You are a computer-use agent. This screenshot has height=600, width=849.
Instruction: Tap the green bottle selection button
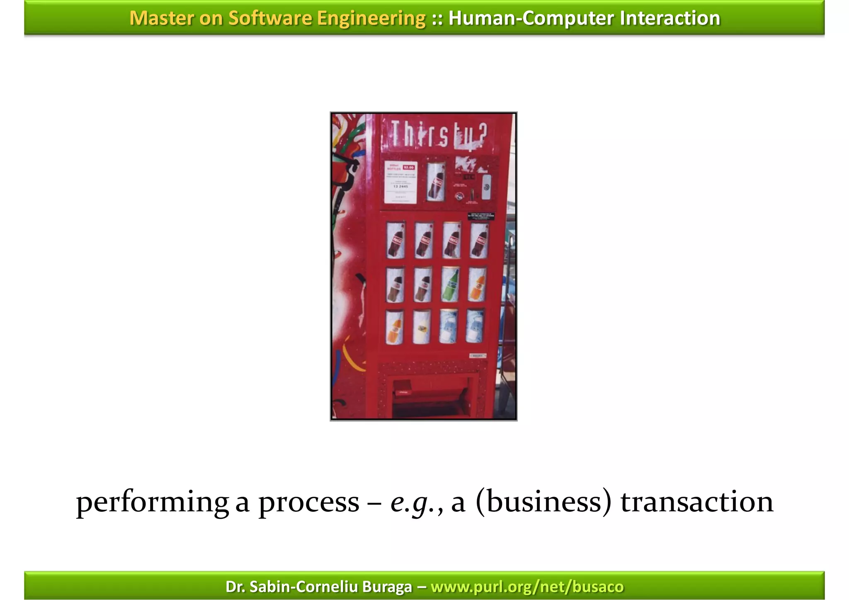tap(450, 284)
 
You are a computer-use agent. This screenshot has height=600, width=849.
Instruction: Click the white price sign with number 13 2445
tap(400, 182)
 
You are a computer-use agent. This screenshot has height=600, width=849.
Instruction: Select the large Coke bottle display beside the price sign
tap(436, 182)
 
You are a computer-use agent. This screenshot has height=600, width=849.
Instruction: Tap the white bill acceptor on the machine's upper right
tap(486, 187)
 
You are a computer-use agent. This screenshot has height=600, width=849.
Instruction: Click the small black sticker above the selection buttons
tap(481, 216)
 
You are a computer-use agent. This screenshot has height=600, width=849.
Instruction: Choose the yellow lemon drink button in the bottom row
tap(422, 327)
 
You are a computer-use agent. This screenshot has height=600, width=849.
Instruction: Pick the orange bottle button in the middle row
tap(478, 284)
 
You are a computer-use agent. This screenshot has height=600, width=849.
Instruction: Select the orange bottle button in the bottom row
tap(395, 327)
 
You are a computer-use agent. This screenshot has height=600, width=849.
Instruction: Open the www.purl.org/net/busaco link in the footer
tap(527, 587)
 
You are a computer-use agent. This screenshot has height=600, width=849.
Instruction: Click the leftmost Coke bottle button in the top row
tap(396, 240)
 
